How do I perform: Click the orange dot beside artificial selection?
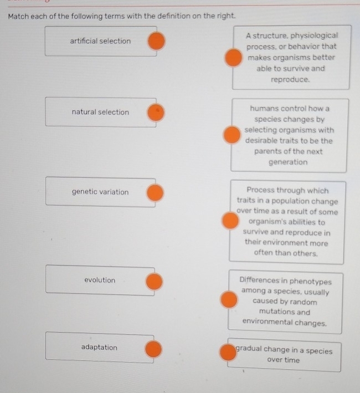point(156,41)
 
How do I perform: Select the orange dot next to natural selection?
point(156,113)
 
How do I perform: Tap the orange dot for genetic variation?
point(155,193)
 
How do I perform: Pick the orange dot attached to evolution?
point(154,282)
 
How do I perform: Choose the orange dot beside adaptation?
point(153,349)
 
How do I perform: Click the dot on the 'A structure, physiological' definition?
point(233,58)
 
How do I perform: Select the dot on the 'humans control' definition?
point(232,135)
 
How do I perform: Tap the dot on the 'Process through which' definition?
point(230,221)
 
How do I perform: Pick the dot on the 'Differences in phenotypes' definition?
point(229,299)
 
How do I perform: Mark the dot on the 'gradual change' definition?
point(228,352)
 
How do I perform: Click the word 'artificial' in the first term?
point(84,40)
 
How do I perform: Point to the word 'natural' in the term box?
point(84,112)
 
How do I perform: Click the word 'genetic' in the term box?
point(84,192)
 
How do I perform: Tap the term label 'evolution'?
point(100,280)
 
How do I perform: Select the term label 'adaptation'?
point(99,348)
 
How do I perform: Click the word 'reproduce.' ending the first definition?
point(290,80)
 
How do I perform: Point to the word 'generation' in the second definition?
point(288,162)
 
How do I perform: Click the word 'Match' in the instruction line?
point(18,17)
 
